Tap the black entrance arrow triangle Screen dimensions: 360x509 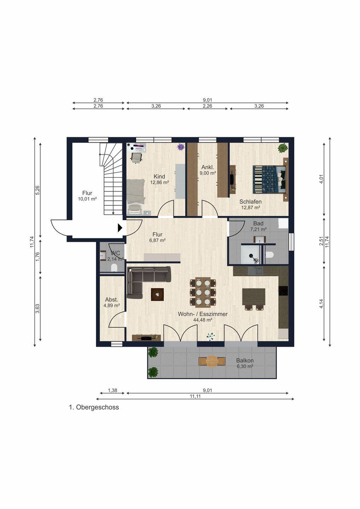tap(120, 228)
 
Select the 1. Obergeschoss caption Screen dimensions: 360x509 tap(94, 407)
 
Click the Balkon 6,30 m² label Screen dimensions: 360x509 tap(244, 363)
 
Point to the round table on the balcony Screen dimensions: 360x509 tap(212, 361)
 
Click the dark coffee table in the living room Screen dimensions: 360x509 tap(158, 294)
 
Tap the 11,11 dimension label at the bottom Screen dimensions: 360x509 tap(195, 396)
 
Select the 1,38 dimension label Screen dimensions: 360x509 tap(112, 390)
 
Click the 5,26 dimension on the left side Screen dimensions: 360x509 tap(38, 190)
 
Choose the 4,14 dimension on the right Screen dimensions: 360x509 tap(321, 304)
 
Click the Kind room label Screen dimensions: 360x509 tap(159, 177)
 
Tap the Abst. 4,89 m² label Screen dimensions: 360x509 tap(112, 303)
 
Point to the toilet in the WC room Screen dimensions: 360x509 tap(114, 268)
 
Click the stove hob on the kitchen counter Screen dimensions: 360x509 tap(283, 291)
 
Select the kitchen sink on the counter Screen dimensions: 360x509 tap(255, 271)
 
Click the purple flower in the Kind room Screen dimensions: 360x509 tap(181, 147)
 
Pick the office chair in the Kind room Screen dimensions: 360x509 tap(136, 158)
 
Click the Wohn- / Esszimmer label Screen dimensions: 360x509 tap(202, 314)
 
